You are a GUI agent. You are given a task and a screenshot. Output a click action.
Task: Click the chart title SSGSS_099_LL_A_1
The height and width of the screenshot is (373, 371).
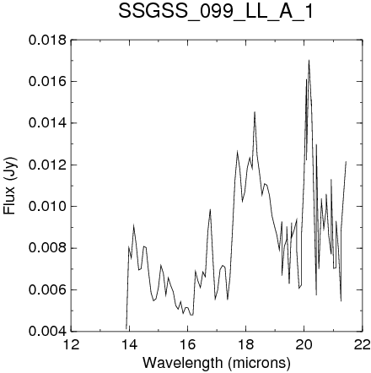click(x=216, y=12)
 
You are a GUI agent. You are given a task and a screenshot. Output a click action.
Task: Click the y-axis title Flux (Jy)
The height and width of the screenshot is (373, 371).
click(x=9, y=186)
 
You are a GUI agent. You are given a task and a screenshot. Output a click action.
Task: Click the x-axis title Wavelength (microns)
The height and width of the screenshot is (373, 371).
click(x=217, y=363)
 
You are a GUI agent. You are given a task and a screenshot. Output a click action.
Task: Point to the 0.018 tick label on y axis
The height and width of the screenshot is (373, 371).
click(x=48, y=40)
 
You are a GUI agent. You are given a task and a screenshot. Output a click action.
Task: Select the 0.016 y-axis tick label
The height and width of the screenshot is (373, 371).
click(x=48, y=82)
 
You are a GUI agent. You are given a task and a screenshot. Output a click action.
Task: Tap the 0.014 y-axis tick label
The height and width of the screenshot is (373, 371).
click(x=48, y=123)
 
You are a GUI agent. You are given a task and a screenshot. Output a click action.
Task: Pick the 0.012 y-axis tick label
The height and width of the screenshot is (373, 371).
click(x=48, y=165)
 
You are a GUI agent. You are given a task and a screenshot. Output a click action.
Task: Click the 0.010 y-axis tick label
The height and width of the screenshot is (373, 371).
click(x=48, y=207)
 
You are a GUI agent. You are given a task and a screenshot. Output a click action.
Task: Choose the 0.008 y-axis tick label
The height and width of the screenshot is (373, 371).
click(x=48, y=248)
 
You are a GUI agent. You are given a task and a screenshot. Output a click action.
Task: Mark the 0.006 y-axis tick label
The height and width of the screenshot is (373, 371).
click(x=48, y=289)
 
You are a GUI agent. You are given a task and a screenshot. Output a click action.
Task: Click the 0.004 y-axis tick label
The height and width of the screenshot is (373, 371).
click(x=48, y=331)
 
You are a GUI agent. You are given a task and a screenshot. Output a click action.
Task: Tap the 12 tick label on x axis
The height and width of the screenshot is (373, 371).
click(x=72, y=344)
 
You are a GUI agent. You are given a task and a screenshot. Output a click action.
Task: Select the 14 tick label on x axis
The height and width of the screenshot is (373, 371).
click(x=129, y=344)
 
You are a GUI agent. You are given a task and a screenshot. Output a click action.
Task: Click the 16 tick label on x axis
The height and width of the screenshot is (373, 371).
click(x=187, y=344)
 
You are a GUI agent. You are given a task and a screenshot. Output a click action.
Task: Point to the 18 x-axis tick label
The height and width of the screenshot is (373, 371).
click(x=245, y=344)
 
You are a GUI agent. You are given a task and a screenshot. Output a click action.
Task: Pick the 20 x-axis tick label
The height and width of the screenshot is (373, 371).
click(x=304, y=344)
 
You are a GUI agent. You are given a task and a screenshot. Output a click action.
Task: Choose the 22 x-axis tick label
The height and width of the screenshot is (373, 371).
click(x=362, y=344)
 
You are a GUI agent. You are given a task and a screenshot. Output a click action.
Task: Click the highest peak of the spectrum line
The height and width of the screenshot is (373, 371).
click(x=309, y=60)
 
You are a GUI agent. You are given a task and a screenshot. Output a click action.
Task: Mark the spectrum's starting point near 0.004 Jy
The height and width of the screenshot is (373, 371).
click(x=126, y=328)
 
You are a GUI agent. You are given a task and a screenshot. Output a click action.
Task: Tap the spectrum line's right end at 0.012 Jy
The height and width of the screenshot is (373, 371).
click(x=346, y=161)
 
